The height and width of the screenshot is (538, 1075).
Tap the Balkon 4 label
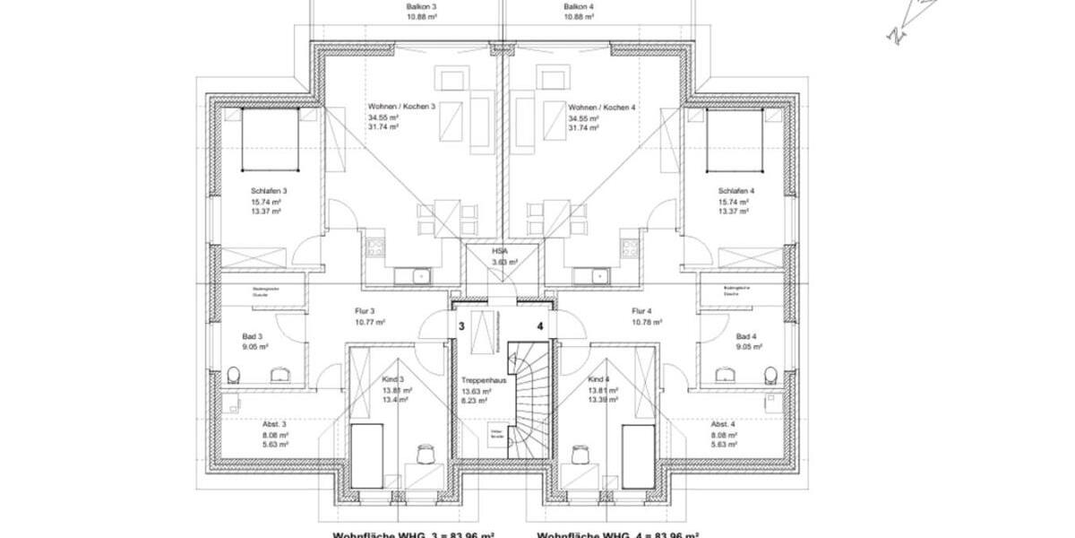tap(579, 6)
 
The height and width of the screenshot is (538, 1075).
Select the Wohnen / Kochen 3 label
tap(401, 107)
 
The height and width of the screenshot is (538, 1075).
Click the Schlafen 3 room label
tap(269, 191)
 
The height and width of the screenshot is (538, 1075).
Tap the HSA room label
tap(500, 252)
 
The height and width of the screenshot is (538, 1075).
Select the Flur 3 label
tap(365, 311)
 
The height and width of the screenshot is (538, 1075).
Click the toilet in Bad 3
tap(234, 373)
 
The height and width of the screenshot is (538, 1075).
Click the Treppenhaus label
tap(479, 380)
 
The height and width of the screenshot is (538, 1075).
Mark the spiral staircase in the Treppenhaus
tap(526, 399)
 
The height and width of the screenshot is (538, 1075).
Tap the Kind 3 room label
tap(394, 380)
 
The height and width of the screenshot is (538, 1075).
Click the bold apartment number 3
tap(461, 326)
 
